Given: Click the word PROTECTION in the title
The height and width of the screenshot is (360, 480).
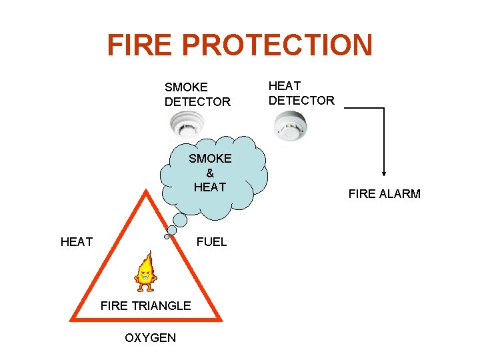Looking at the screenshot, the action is (x=277, y=45).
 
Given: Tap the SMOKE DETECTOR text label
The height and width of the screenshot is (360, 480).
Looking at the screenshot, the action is (x=197, y=94).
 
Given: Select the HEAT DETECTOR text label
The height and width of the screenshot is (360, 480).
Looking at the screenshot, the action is (x=301, y=93).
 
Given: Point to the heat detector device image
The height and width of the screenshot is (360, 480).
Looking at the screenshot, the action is (x=290, y=125).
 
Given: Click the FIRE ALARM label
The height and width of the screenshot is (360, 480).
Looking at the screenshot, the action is (x=384, y=194).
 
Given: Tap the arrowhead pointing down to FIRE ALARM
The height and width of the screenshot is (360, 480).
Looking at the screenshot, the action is (x=384, y=171).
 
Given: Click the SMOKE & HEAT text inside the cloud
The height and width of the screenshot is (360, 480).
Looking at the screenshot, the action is (x=210, y=173).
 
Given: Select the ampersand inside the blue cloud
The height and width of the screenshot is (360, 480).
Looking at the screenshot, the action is (x=210, y=173).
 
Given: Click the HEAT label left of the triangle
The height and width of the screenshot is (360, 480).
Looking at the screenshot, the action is (x=77, y=241).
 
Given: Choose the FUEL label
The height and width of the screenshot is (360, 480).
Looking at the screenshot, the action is (x=211, y=241).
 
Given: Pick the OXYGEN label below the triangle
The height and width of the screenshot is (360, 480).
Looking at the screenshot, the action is (x=151, y=337).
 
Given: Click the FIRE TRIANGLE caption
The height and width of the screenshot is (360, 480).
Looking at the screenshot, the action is (x=145, y=305).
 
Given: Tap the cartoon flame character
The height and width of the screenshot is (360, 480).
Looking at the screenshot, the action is (x=145, y=271).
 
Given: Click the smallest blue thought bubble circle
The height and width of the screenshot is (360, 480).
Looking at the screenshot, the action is (x=167, y=236).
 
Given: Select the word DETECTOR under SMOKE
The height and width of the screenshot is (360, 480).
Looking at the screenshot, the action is (x=197, y=101).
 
